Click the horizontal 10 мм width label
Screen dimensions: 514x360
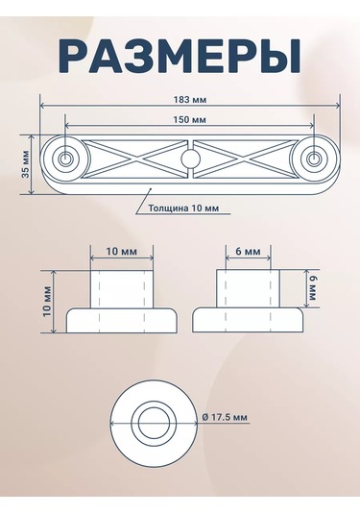[x=121, y=251]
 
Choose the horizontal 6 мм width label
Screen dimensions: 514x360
[x=247, y=251]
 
